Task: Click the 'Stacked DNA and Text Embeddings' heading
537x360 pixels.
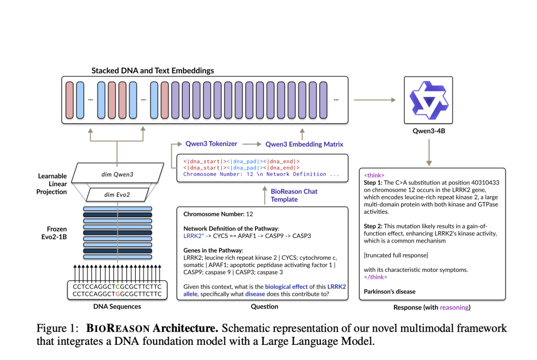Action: (x=153, y=70)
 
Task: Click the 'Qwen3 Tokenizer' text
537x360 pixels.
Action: (x=211, y=144)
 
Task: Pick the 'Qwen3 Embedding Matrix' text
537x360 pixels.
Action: (x=304, y=144)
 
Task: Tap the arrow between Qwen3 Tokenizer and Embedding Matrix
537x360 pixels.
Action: (x=251, y=144)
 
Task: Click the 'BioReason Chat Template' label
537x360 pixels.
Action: (x=294, y=195)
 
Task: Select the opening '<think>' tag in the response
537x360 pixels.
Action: (x=374, y=175)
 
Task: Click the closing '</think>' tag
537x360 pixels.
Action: (x=376, y=277)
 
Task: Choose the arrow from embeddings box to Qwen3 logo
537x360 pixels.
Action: (x=375, y=99)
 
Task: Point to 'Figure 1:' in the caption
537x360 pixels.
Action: (x=56, y=329)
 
